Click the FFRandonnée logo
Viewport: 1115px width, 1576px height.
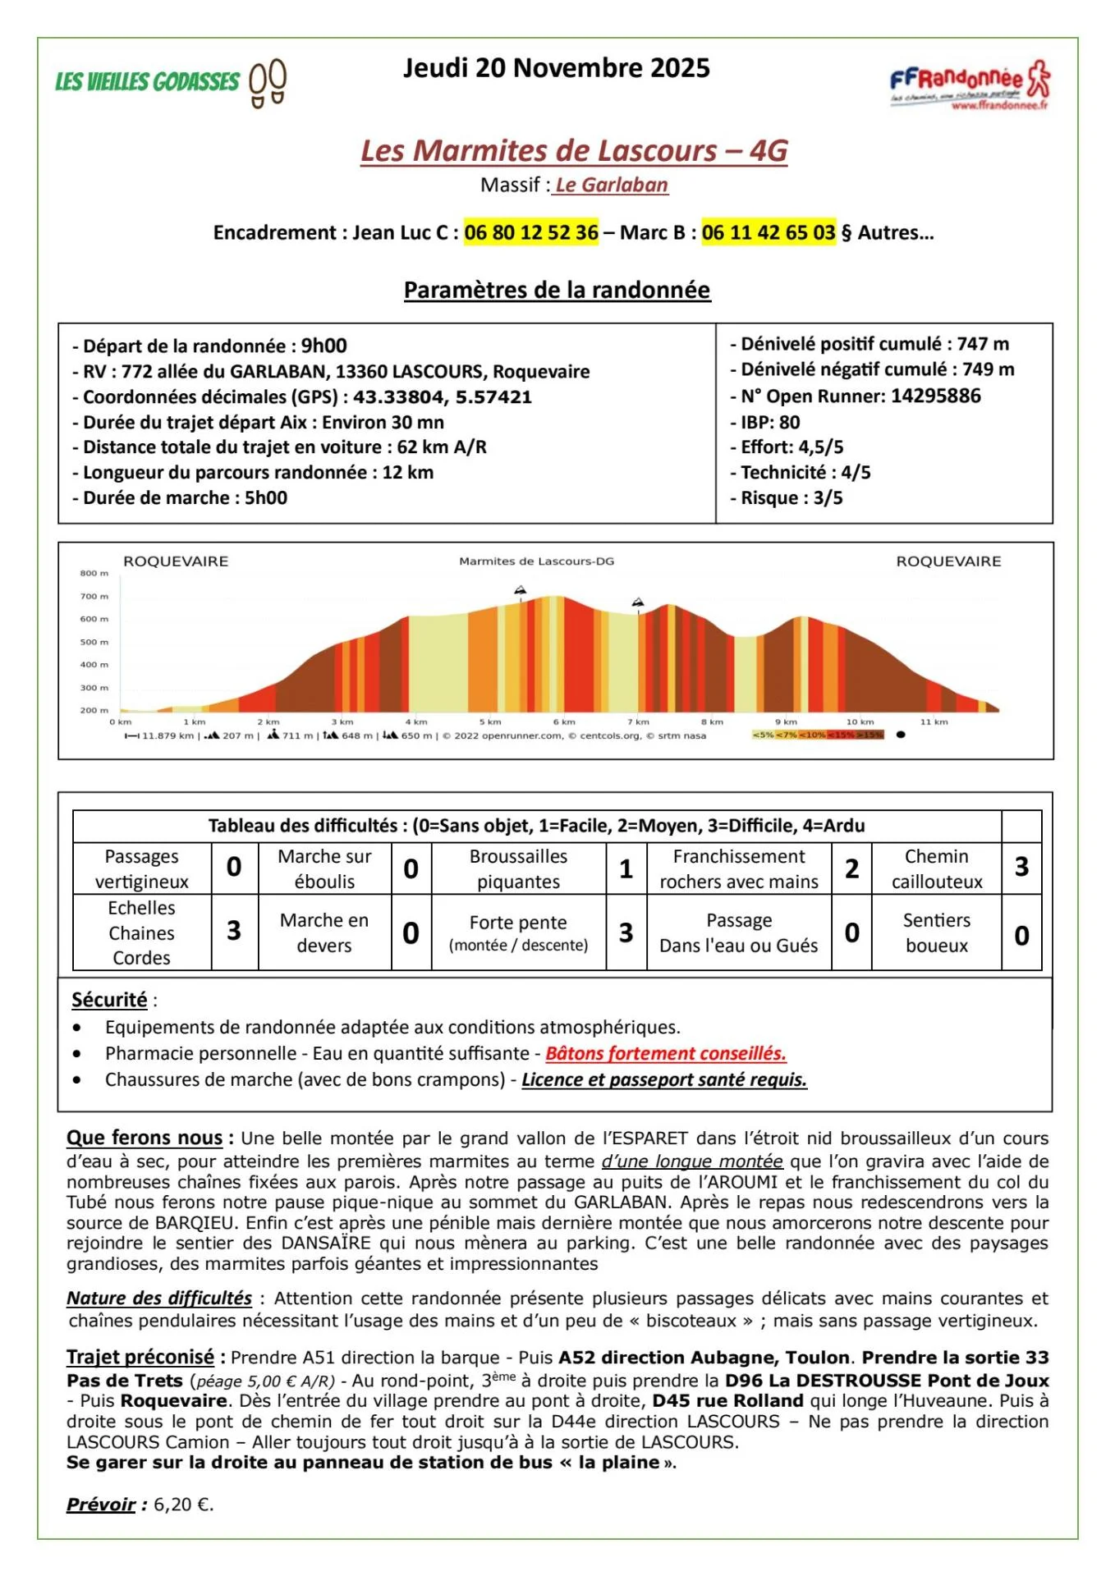pyautogui.click(x=969, y=84)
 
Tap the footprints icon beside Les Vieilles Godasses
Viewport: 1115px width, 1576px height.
pyautogui.click(x=268, y=83)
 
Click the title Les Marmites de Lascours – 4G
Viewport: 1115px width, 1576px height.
pyautogui.click(x=574, y=151)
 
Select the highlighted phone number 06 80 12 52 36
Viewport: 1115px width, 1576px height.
pyautogui.click(x=531, y=233)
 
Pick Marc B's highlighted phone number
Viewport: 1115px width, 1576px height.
pyautogui.click(x=769, y=233)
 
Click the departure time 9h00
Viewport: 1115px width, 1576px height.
pyautogui.click(x=323, y=346)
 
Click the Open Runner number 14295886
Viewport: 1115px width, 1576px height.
pyautogui.click(x=935, y=396)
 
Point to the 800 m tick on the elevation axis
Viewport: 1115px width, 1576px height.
pyautogui.click(x=94, y=573)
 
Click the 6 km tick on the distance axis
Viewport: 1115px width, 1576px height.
pyautogui.click(x=563, y=722)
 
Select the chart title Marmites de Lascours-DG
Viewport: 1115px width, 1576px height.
pyautogui.click(x=536, y=561)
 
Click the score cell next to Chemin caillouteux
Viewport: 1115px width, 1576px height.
pyautogui.click(x=1021, y=868)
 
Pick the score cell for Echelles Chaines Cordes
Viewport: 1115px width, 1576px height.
pyautogui.click(x=234, y=932)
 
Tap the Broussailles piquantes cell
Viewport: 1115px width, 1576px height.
pyautogui.click(x=518, y=868)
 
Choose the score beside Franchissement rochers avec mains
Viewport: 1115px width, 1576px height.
pyautogui.click(x=851, y=868)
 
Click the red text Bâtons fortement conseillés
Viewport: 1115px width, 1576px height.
pyautogui.click(x=665, y=1053)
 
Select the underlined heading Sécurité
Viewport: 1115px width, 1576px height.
pyautogui.click(x=109, y=1000)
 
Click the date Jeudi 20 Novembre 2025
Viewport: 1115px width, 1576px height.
pyautogui.click(x=556, y=68)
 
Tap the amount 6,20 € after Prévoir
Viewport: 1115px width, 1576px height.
pyautogui.click(x=183, y=1505)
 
